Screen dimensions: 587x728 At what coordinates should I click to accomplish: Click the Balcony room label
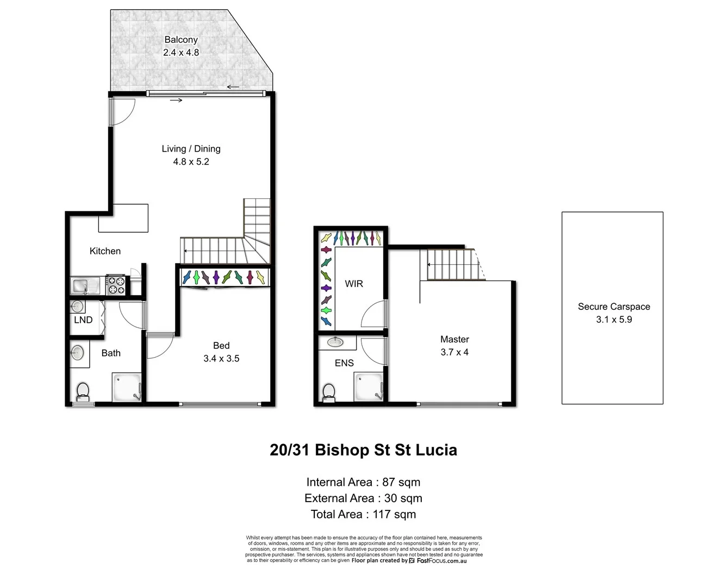click(181, 40)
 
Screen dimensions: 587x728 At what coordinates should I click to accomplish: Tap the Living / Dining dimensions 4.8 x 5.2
click(191, 162)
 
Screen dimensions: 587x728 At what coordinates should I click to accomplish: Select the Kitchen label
click(105, 251)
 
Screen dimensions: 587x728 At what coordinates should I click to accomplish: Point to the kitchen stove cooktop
click(116, 285)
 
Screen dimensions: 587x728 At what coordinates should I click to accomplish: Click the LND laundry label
click(83, 320)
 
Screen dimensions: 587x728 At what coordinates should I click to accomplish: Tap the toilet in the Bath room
click(83, 391)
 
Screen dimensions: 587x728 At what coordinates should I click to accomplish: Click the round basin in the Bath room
click(77, 353)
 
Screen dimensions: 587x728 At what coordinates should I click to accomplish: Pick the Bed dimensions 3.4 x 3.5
click(221, 359)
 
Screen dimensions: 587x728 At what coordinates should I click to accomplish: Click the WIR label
click(354, 284)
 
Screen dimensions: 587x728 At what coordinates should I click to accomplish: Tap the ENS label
click(344, 363)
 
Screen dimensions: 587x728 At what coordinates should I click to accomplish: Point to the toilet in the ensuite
click(329, 391)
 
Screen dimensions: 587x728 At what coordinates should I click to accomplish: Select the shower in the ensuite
click(369, 387)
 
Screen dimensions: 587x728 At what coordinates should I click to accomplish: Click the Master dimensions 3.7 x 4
click(455, 352)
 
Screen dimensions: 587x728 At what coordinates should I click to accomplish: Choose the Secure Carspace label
click(614, 307)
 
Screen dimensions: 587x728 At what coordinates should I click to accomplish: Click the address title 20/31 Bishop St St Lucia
click(363, 450)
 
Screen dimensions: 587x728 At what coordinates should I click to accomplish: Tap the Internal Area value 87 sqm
click(401, 482)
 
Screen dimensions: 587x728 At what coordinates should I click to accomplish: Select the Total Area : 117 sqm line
click(363, 514)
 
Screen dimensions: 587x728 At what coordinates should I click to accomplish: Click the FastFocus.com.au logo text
click(441, 560)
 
